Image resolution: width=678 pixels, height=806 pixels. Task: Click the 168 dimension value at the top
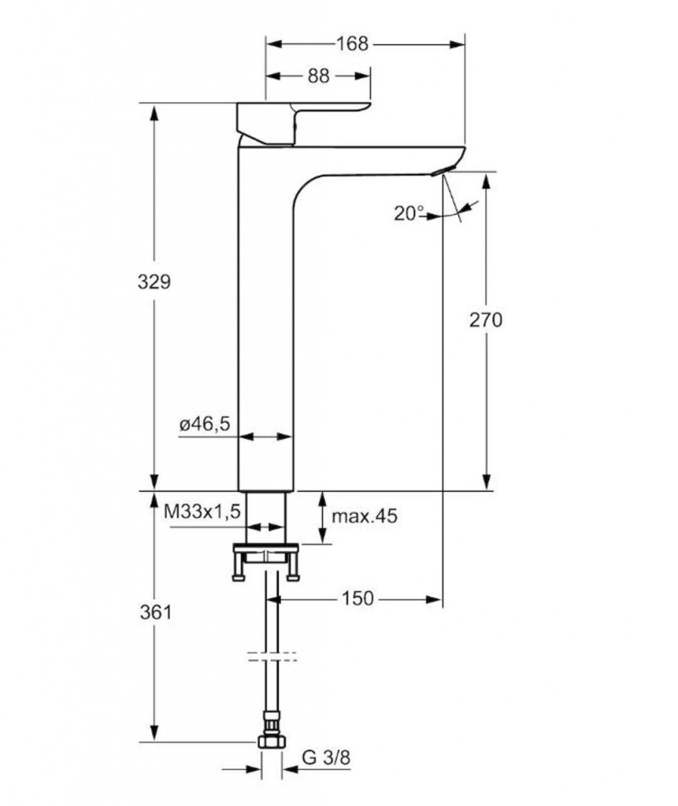coord(352,44)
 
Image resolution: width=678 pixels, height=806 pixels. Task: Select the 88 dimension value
coord(318,76)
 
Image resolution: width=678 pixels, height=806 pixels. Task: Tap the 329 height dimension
coord(154,282)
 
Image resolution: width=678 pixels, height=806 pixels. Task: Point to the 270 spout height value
coord(486,320)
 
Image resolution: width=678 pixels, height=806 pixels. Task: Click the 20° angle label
coord(409,212)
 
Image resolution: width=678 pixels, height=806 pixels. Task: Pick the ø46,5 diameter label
coord(204,425)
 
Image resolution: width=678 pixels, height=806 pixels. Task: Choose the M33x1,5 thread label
coord(202,512)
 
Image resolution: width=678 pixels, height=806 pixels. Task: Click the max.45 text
coord(365,516)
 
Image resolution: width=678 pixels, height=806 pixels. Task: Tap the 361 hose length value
coord(154,612)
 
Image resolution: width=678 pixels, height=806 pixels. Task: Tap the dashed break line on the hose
coord(272,656)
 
